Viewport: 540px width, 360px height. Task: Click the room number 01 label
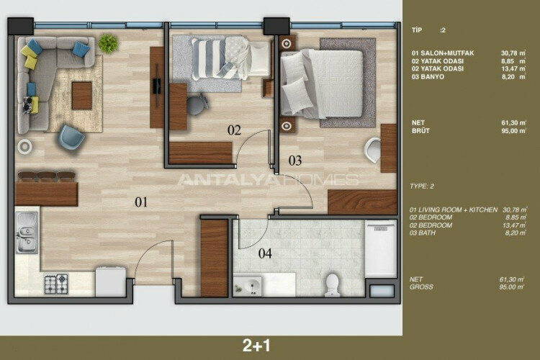(140, 202)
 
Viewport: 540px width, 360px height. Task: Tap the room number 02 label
(234, 130)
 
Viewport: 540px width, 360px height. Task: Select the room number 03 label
(296, 160)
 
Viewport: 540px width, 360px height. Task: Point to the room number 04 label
(266, 253)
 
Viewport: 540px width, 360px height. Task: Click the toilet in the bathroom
(332, 283)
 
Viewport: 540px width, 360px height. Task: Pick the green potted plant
(109, 43)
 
